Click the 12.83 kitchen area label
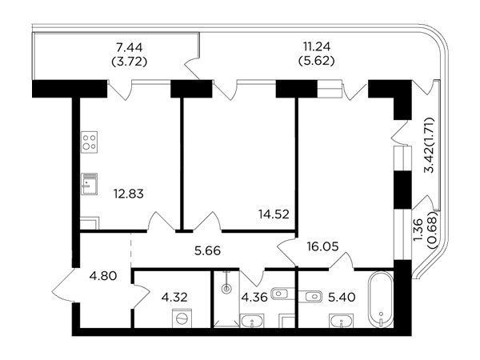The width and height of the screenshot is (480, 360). (129, 194)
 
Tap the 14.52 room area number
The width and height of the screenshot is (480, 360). (274, 214)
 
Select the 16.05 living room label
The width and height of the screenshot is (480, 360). (323, 246)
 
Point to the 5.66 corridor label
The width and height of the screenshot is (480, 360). (207, 251)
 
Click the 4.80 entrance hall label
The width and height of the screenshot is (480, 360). (103, 276)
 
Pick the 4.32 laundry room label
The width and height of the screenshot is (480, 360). (174, 297)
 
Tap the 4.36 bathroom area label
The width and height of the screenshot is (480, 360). (254, 297)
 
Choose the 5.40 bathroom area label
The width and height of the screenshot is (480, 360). (342, 297)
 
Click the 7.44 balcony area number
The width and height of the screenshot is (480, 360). (129, 48)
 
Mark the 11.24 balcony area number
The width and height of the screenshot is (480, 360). (317, 47)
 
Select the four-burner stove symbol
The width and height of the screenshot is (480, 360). (90, 142)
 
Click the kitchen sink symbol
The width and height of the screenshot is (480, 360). (90, 184)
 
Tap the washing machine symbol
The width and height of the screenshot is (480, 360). (182, 318)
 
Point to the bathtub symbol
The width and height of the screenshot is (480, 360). (381, 300)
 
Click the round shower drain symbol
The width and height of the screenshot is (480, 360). (226, 288)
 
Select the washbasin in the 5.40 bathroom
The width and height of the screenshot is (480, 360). (342, 321)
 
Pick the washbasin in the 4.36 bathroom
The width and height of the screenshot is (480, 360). (253, 321)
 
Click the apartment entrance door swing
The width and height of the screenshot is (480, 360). (62, 285)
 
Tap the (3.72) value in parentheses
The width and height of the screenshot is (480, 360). (129, 62)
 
